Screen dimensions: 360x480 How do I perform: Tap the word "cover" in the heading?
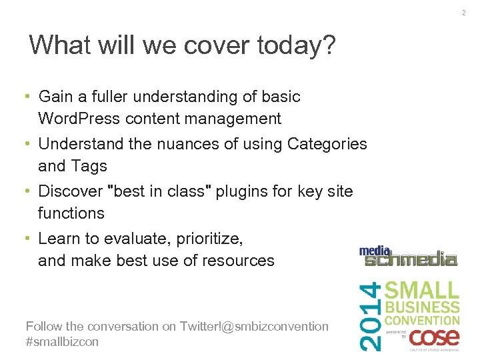(215, 45)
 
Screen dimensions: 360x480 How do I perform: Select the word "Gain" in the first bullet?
(55, 97)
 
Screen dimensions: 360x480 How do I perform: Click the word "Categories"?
(327, 144)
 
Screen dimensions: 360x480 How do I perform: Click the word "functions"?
(71, 213)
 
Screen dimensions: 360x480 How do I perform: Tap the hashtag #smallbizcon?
(62, 341)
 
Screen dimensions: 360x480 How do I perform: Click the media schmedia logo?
(408, 256)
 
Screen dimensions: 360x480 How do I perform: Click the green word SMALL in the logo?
(423, 291)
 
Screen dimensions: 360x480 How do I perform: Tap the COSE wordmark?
(434, 337)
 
